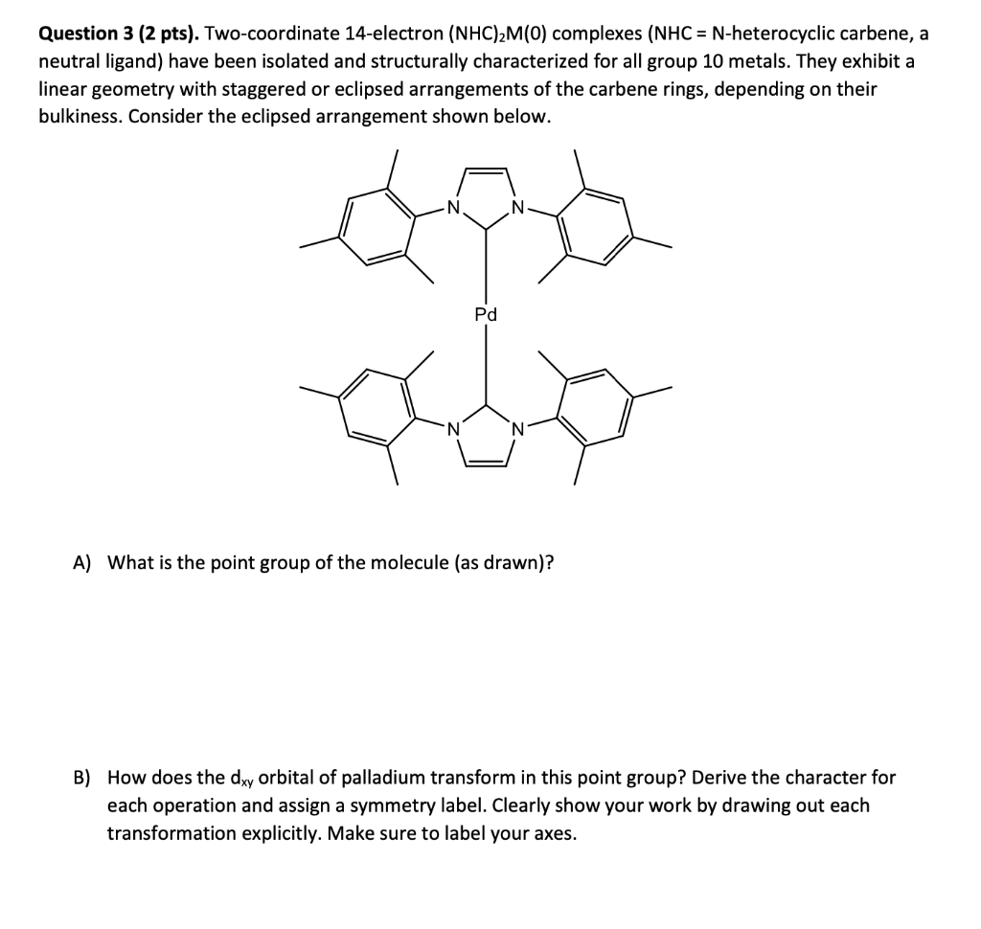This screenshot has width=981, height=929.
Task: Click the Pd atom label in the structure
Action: tap(486, 314)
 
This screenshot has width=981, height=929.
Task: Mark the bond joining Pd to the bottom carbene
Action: tap(486, 364)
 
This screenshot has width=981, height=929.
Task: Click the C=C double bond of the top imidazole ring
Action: tap(486, 170)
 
